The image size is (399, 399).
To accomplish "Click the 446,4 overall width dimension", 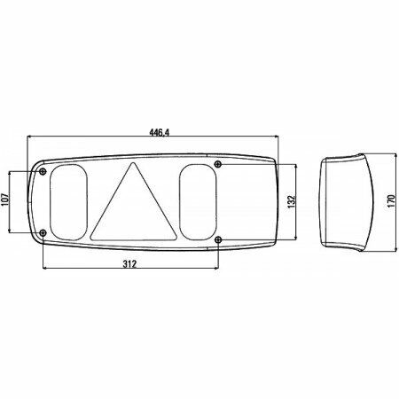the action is click(159, 133).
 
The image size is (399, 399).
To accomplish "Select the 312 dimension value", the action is click(129, 264).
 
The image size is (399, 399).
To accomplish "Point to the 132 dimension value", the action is click(292, 201).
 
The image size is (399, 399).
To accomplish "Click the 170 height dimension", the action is click(391, 201).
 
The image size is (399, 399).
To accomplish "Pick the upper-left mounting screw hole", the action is click(43, 171).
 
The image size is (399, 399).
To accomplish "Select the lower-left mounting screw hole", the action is click(43, 233).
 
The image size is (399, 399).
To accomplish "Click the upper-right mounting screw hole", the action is click(218, 164).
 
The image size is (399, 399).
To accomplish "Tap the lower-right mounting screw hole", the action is click(218, 239).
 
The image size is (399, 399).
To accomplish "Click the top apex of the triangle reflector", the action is click(134, 162).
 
